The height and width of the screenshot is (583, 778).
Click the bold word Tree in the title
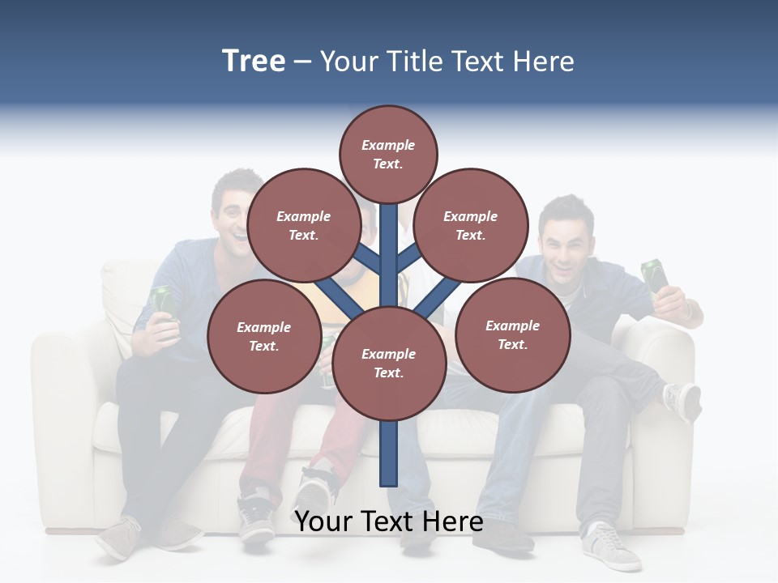(254, 62)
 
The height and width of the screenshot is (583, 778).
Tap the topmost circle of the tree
(388, 154)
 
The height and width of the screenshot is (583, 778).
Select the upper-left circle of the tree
(304, 225)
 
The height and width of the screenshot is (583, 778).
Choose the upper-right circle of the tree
(470, 225)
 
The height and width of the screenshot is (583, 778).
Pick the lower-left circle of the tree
(263, 336)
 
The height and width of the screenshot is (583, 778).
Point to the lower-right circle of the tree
(512, 334)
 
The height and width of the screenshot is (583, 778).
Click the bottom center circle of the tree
(388, 363)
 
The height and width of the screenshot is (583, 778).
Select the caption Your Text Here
(389, 521)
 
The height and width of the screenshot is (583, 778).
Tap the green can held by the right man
(655, 275)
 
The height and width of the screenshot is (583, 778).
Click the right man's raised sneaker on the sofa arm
(682, 400)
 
